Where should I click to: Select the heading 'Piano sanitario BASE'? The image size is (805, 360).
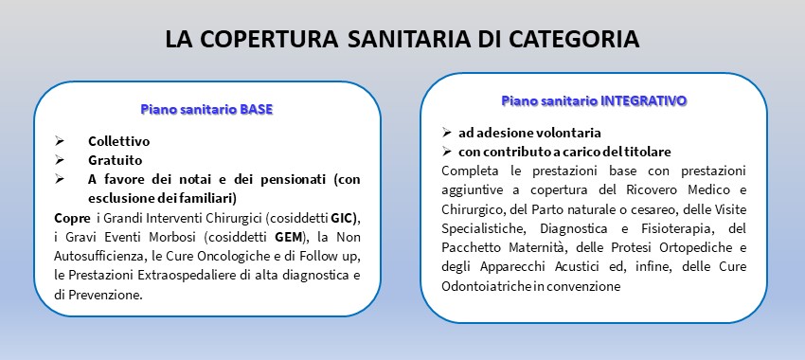[206, 109]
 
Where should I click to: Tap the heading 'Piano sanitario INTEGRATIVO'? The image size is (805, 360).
[594, 100]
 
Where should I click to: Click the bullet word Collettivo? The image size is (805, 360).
[118, 141]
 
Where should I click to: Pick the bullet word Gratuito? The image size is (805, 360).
[115, 160]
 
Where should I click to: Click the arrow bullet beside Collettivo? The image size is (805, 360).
[60, 141]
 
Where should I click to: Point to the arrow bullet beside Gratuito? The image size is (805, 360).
[60, 160]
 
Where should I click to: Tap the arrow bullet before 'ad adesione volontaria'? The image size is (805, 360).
[447, 133]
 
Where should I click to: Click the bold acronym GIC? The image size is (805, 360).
[343, 217]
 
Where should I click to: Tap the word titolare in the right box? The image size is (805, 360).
[649, 152]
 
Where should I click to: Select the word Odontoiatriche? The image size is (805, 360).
[480, 286]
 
